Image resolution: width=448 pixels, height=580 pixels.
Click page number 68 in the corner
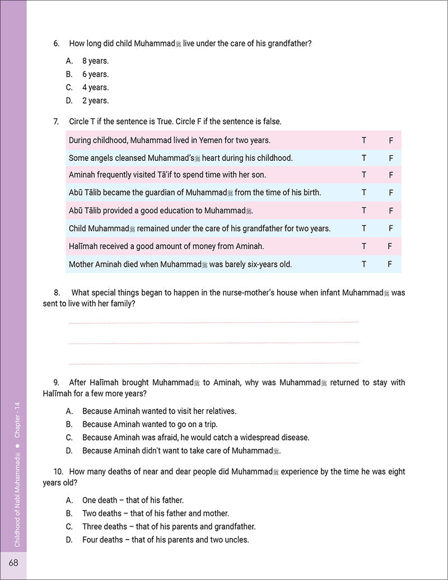12,562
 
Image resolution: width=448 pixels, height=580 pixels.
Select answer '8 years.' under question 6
95,61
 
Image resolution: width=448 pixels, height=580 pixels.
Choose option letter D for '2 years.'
69,101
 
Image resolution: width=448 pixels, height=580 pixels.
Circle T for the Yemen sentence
364,141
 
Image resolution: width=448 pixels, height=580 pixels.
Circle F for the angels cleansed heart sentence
391,158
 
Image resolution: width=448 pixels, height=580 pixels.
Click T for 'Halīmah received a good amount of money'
364,246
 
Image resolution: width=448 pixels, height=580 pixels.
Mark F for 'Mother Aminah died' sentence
390,264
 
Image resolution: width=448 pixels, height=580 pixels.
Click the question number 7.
56,121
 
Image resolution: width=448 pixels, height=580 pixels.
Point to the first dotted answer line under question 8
213,322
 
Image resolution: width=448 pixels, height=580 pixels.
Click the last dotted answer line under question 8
213,363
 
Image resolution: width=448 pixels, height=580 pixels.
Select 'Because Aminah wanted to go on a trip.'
150,424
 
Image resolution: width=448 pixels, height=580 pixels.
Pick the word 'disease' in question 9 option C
295,437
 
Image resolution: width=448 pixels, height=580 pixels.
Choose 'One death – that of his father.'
133,500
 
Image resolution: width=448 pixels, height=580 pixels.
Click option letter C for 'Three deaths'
69,527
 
